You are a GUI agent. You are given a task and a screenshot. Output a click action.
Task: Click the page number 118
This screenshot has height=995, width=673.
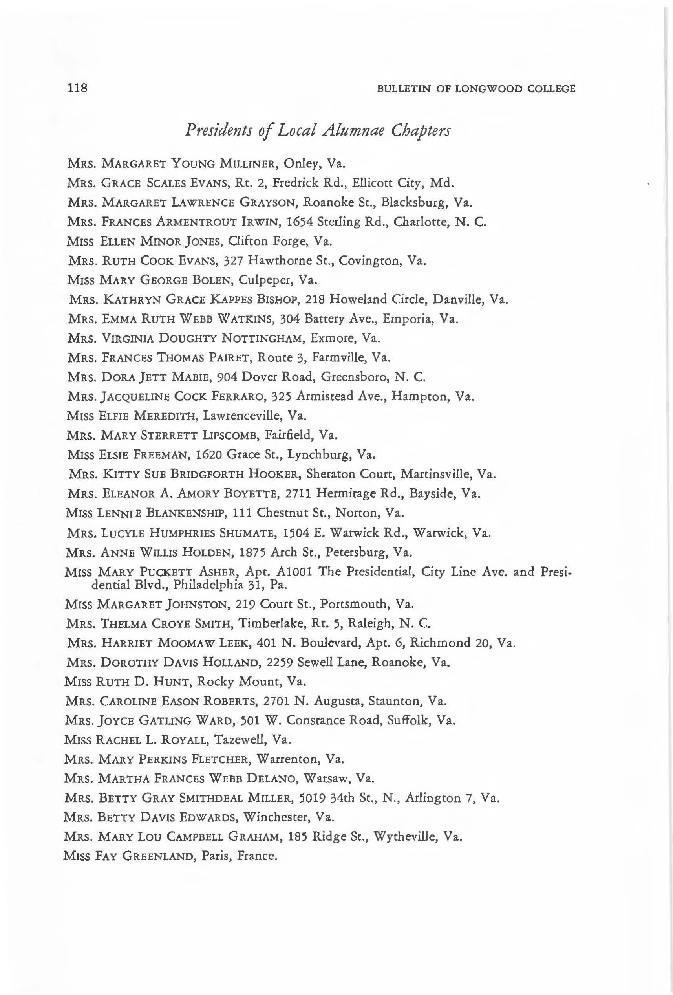pos(77,88)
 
